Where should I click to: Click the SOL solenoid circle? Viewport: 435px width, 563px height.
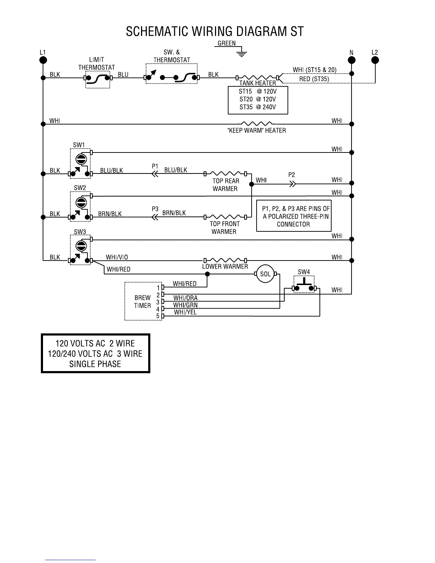(265, 274)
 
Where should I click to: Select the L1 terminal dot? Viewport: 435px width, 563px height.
(43, 60)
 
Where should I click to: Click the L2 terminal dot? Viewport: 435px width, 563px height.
(375, 60)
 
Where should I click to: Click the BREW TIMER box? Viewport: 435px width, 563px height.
(143, 301)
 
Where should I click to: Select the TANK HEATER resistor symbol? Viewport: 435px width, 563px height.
(257, 77)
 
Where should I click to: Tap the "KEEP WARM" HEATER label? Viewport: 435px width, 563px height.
(256, 131)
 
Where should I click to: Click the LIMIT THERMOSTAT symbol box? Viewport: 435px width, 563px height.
(97, 78)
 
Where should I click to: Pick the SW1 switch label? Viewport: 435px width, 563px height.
(79, 145)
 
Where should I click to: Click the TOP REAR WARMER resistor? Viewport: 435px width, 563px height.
(225, 173)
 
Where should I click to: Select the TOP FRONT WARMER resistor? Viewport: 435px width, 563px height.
(225, 216)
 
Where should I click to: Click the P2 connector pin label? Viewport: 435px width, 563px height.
(291, 175)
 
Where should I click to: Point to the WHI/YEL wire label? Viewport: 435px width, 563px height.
(186, 312)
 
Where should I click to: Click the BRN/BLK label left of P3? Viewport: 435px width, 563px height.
(110, 214)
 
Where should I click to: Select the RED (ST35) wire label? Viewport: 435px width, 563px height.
(314, 79)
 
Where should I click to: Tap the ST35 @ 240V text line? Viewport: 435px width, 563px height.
(258, 107)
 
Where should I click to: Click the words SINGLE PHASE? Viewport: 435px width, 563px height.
(95, 364)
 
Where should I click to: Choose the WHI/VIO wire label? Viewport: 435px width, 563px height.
(117, 257)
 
